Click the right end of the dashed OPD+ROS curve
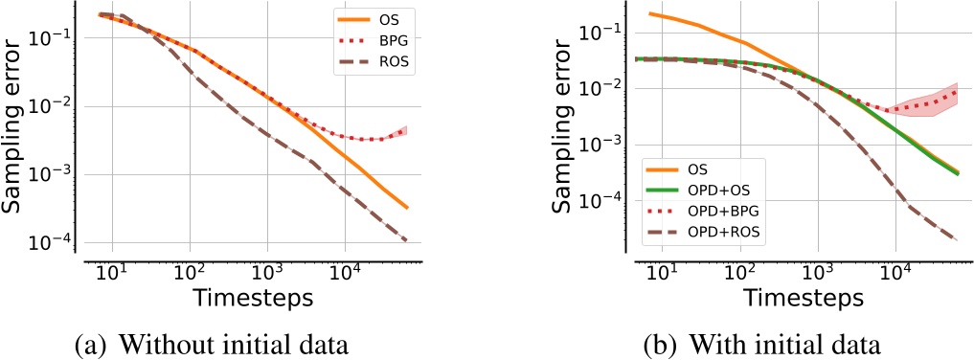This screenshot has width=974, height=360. (958, 240)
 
